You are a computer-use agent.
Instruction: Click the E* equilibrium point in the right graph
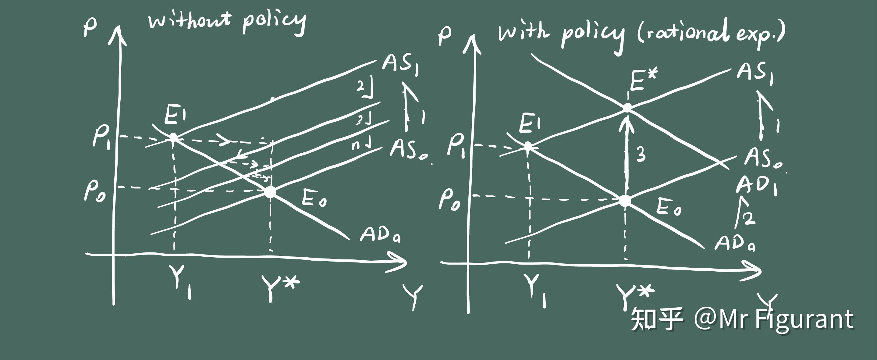627,108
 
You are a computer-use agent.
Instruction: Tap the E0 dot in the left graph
271,192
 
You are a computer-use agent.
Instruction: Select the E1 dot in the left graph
174,137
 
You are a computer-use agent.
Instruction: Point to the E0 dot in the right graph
625,201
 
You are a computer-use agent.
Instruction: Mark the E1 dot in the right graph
528,146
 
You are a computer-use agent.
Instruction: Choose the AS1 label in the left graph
400,65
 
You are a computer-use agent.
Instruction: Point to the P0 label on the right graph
449,199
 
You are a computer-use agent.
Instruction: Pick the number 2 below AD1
749,218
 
